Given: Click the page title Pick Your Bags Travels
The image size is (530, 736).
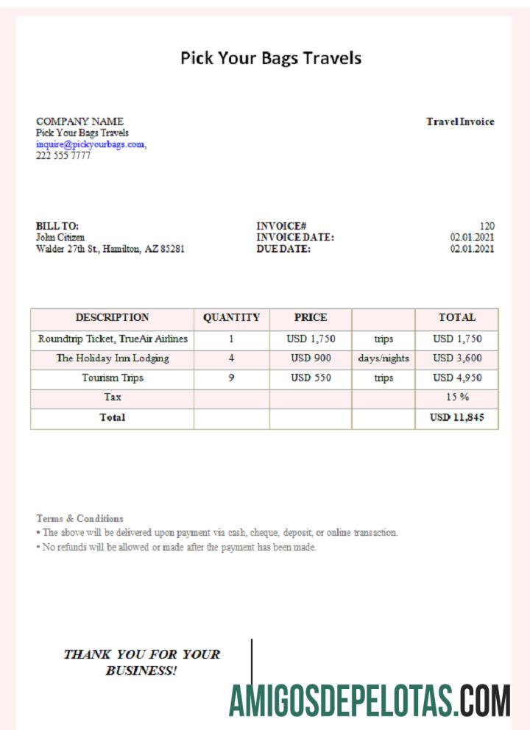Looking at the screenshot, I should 271,57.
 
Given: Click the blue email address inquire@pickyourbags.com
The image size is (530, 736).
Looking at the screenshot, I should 91,144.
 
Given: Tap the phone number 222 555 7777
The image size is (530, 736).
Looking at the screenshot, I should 63,155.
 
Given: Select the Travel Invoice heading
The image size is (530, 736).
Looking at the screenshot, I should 460,121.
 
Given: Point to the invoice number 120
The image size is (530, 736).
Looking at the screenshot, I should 487,226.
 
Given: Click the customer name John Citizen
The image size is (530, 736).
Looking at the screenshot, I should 60,238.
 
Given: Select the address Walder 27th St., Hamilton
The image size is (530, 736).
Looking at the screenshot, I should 110,250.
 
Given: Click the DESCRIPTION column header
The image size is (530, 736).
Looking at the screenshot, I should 112,318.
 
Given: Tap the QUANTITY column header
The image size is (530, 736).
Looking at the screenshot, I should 231,318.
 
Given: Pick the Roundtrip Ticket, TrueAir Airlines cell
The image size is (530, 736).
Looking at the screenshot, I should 113,339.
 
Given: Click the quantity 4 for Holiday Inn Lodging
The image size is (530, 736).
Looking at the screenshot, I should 231,358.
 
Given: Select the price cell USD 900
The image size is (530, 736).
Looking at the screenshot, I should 311,358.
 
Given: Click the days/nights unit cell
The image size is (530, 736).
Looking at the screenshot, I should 384,358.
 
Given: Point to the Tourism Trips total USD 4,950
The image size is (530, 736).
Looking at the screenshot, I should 457,378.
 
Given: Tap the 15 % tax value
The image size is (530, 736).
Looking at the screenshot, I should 457,397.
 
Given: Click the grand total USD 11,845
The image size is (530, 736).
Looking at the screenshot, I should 457,418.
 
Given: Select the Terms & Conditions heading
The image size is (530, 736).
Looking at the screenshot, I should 79,518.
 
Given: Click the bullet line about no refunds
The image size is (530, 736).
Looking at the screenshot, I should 177,547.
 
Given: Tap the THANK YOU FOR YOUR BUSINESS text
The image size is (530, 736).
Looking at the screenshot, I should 141,662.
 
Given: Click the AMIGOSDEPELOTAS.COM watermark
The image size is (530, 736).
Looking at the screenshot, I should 370,701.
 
